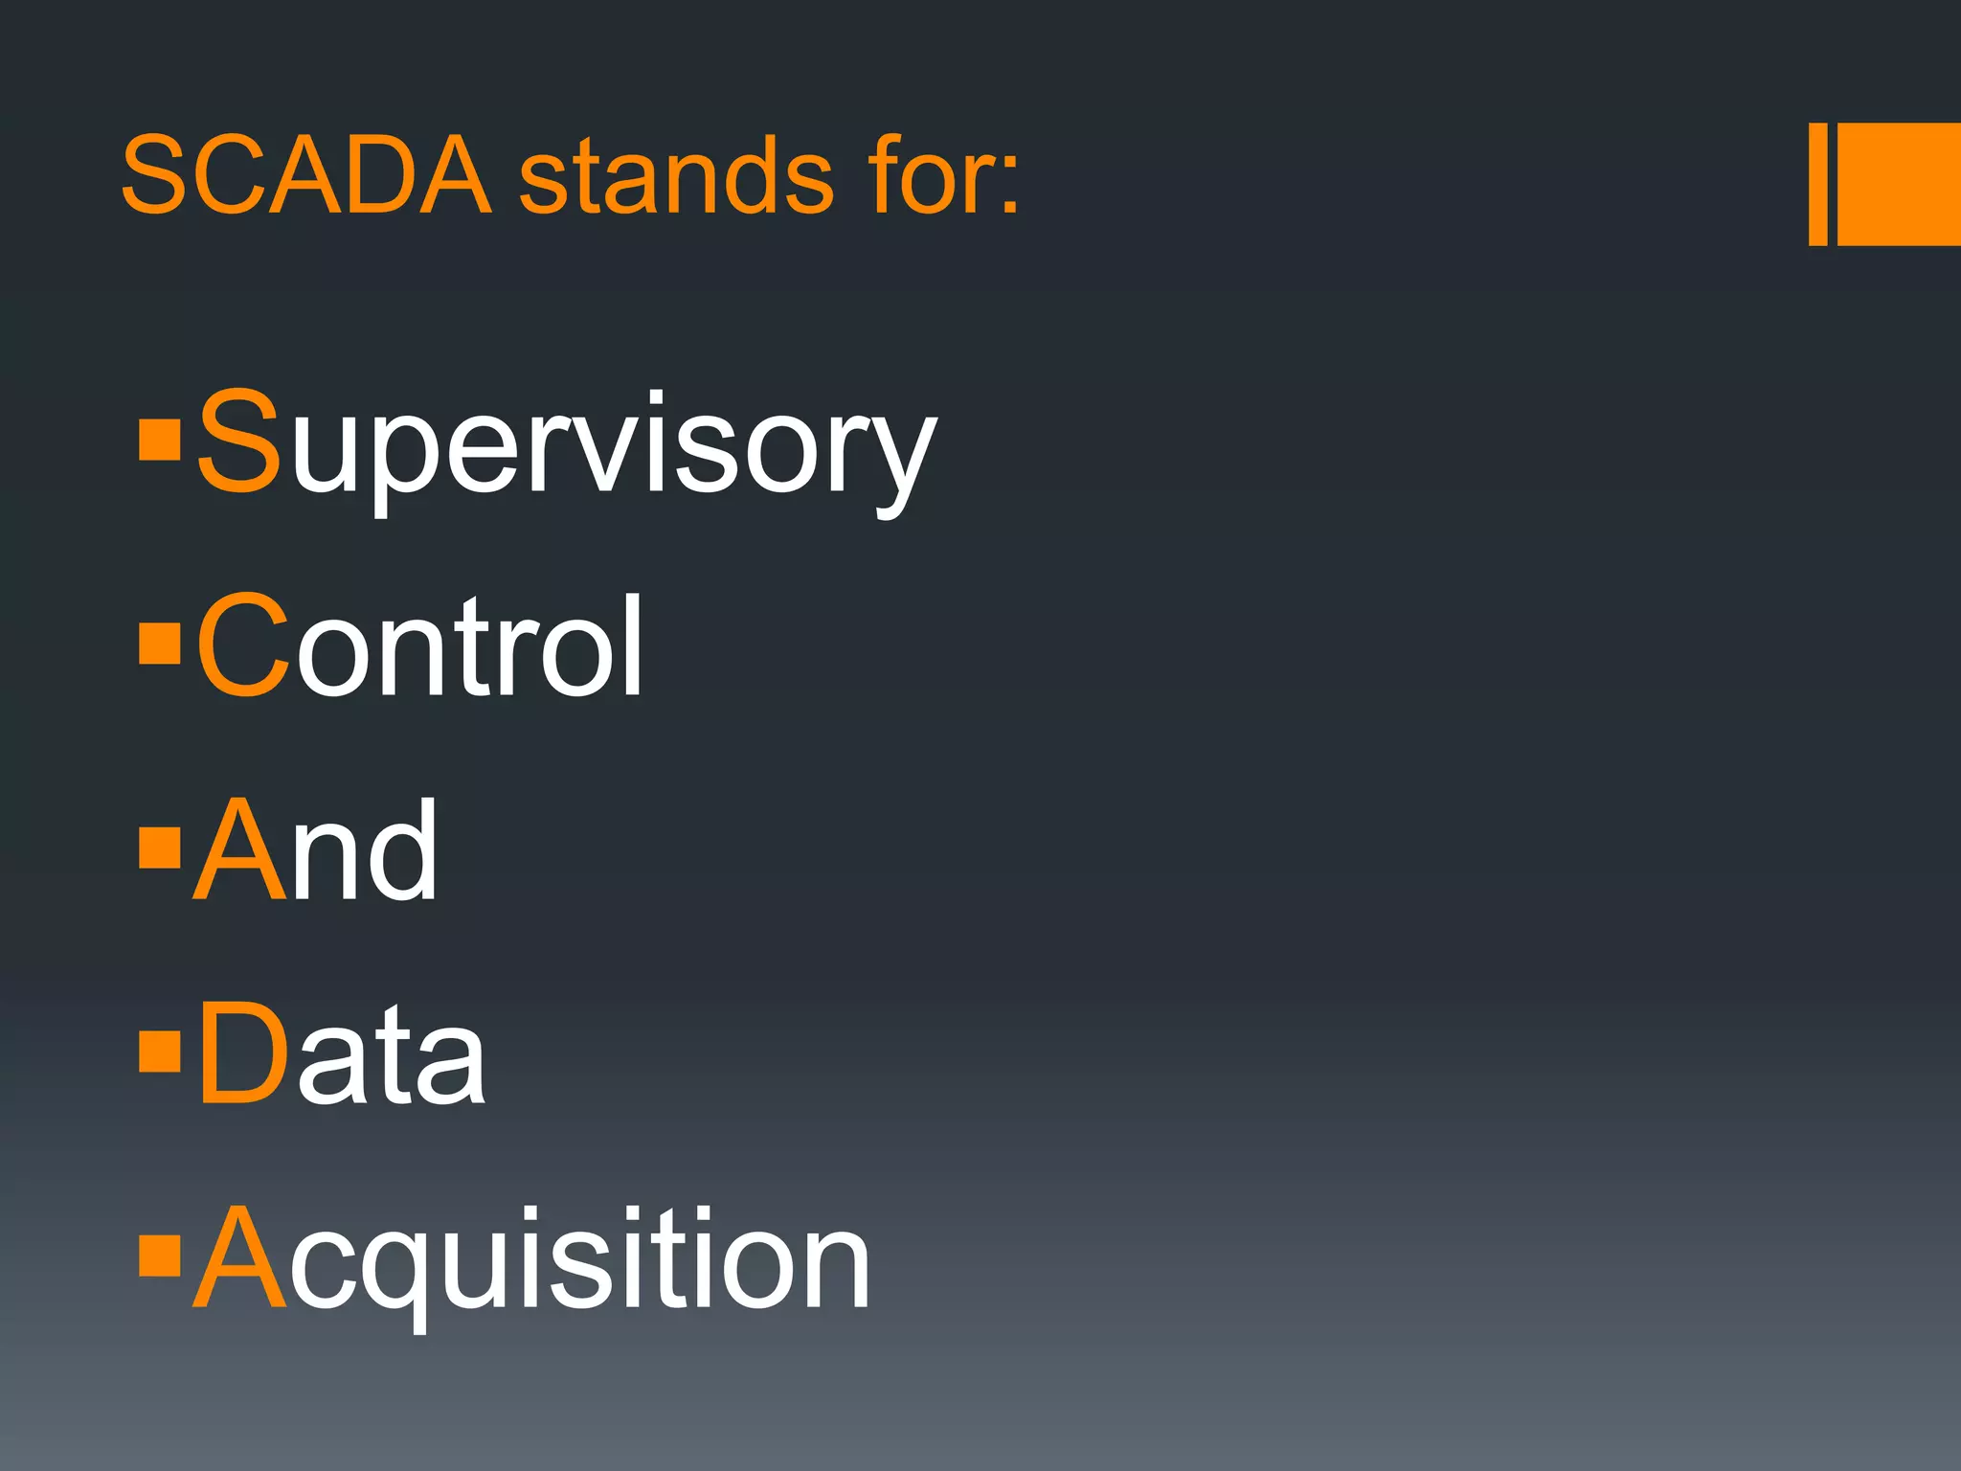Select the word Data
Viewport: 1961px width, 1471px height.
click(x=341, y=1053)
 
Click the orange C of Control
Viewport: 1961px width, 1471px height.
click(x=243, y=645)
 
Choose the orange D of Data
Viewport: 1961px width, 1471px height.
click(x=243, y=1053)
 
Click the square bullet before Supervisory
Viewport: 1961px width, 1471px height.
click(x=160, y=440)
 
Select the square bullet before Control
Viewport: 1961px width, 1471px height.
click(x=160, y=644)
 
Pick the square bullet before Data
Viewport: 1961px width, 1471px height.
click(x=160, y=1051)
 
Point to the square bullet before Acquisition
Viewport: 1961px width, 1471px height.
click(x=160, y=1256)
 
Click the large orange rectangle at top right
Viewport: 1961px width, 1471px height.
click(x=1899, y=184)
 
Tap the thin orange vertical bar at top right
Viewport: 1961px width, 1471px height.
click(x=1817, y=184)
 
